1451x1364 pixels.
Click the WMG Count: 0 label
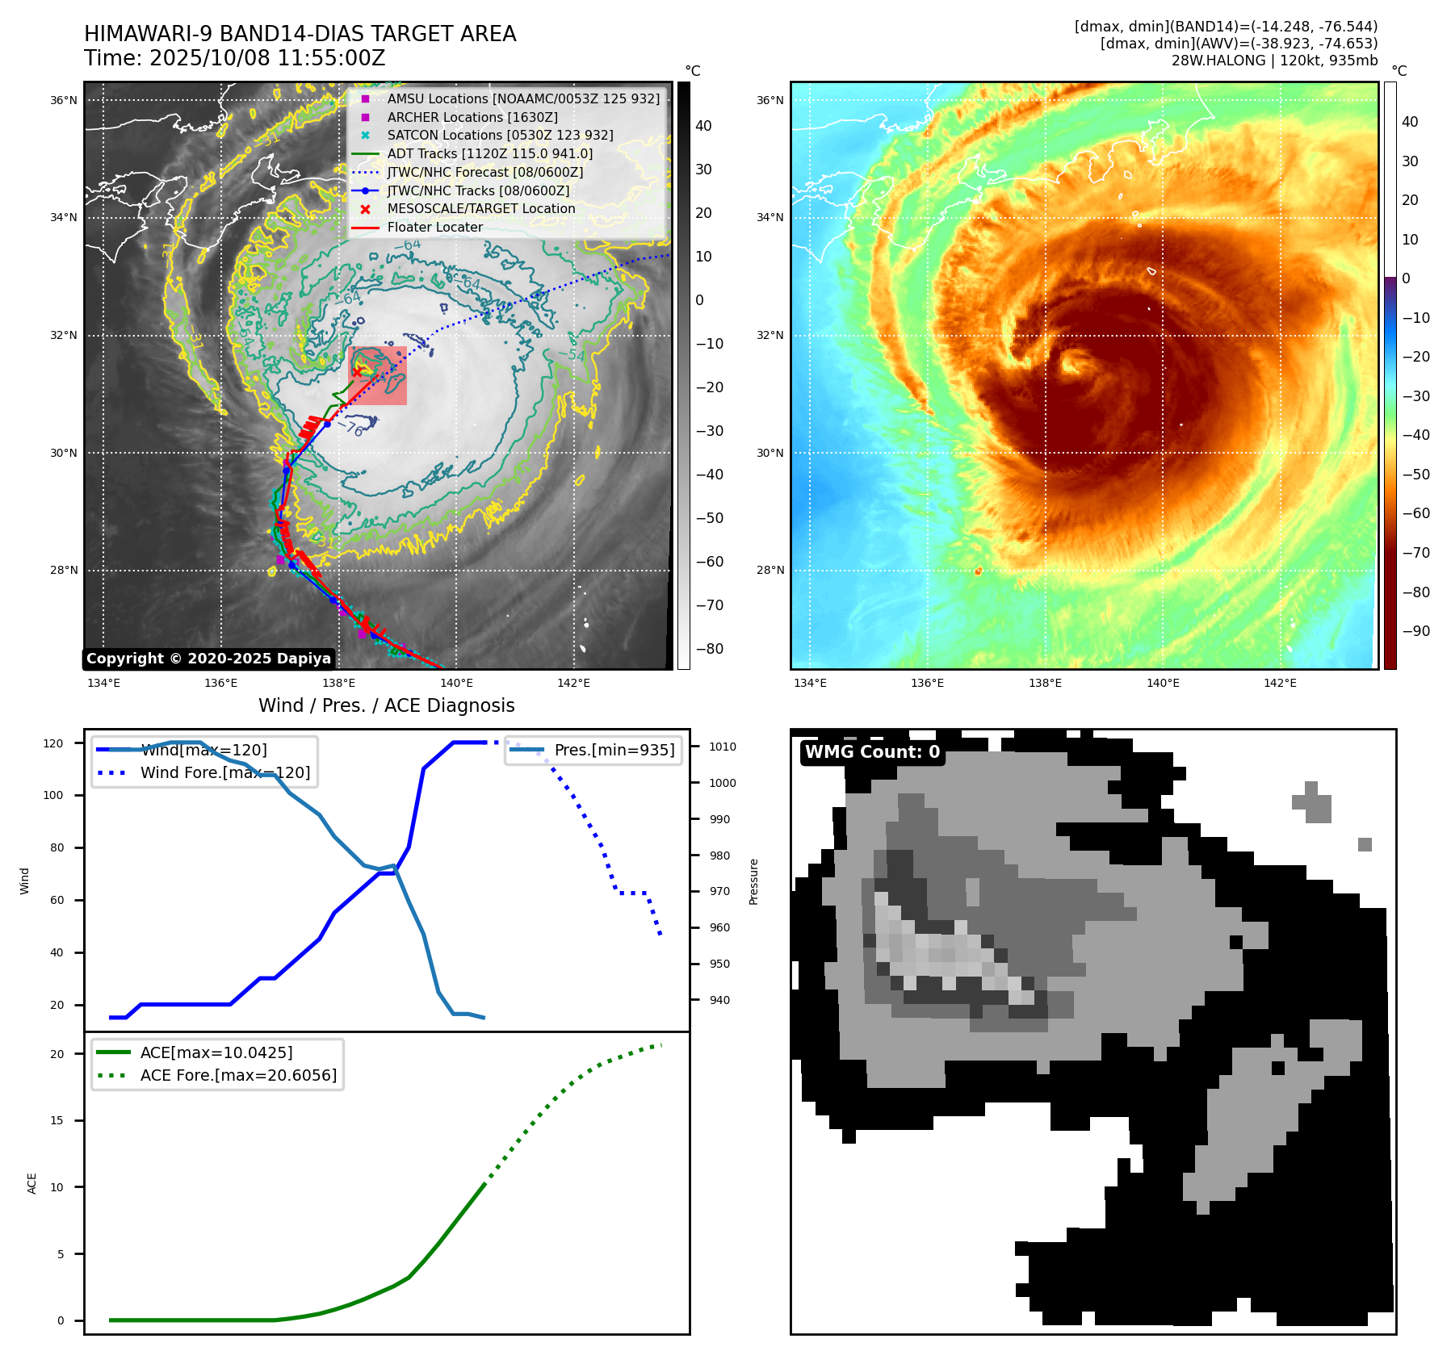872,752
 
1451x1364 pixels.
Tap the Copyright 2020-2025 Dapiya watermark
208,659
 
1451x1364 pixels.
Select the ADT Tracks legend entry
489,153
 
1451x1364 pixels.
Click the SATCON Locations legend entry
500,135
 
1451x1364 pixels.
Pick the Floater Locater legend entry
434,227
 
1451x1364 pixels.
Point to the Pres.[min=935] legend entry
614,750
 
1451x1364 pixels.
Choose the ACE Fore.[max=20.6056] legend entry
238,1075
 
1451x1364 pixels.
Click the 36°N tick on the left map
64,101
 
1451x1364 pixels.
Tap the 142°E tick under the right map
1280,683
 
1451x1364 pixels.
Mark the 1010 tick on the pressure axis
723,747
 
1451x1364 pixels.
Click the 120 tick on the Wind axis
53,743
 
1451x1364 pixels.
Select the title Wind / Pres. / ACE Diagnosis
386,705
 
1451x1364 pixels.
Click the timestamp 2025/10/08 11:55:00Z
267,58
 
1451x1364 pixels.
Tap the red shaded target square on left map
378,376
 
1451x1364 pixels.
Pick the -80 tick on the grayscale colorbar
710,649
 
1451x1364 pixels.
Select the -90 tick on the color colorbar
1416,631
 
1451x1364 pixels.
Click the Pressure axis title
753,881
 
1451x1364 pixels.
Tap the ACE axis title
32,1183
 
